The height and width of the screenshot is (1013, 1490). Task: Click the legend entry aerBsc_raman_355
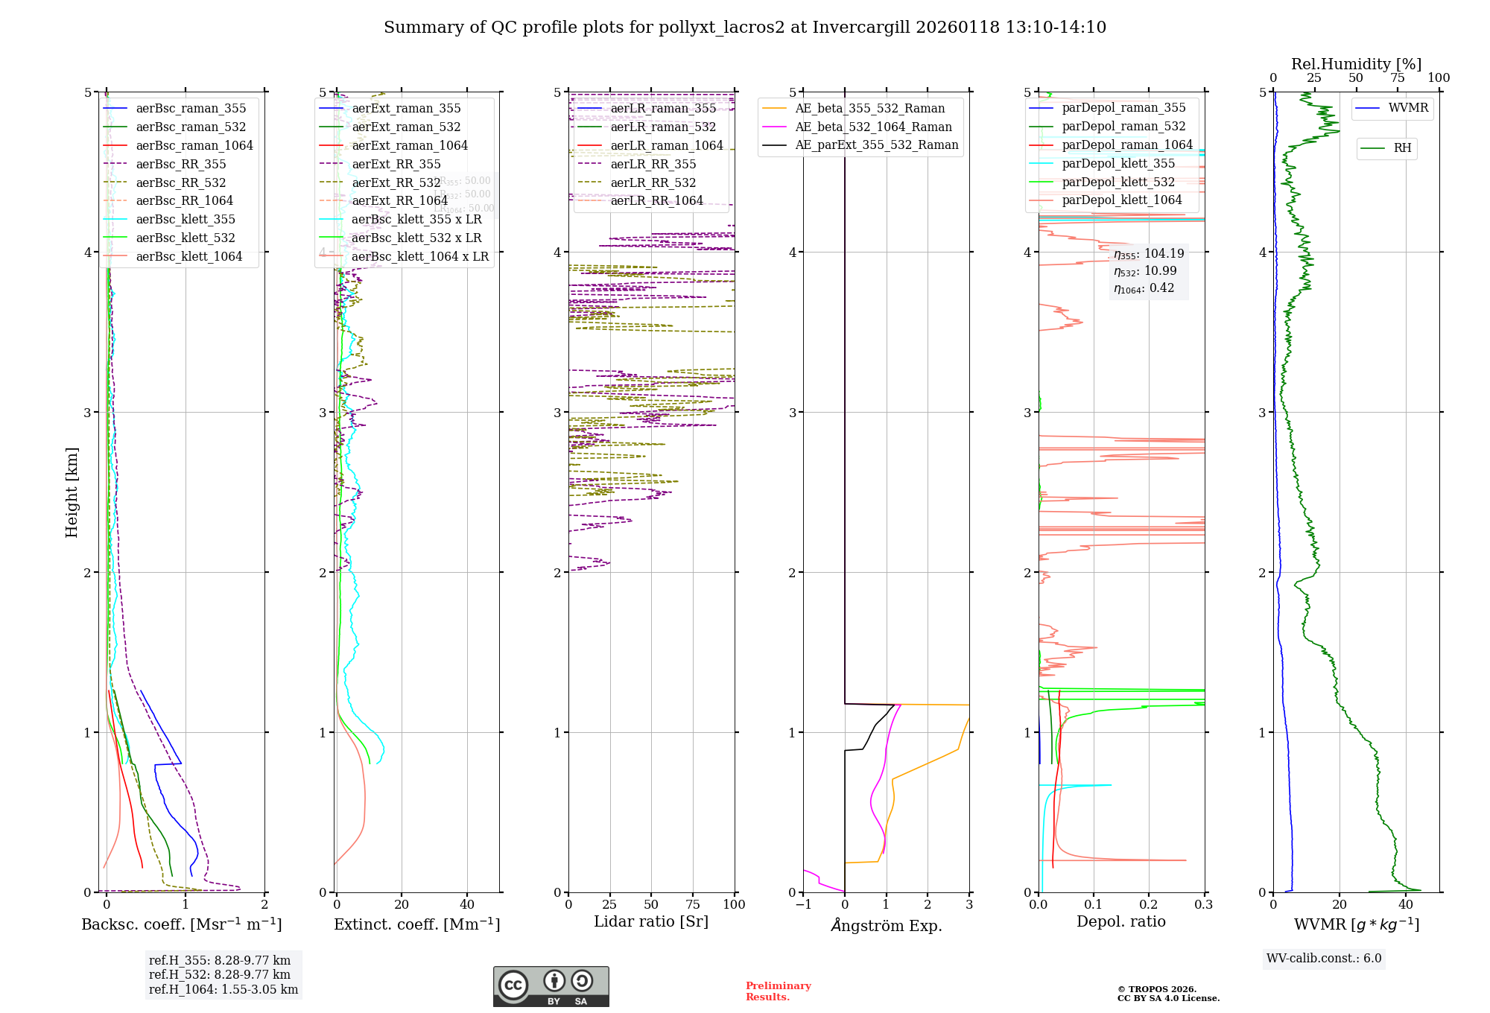(191, 109)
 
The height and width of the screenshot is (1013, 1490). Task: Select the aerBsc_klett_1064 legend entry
(188, 257)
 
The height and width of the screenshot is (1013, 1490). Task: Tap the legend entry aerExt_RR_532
(396, 182)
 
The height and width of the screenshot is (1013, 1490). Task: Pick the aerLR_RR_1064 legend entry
(656, 201)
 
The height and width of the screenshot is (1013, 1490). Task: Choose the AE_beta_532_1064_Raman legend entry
(873, 127)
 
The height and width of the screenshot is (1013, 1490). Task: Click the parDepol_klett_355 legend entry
(1117, 164)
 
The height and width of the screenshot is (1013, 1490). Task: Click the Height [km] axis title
(72, 492)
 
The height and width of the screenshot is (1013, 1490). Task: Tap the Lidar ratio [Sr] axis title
(650, 921)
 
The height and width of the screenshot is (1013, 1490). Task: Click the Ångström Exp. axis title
(886, 926)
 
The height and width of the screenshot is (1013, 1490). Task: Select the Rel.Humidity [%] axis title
(1356, 64)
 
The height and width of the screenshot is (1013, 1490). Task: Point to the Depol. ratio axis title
(1120, 921)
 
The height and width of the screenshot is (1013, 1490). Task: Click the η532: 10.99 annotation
(1145, 271)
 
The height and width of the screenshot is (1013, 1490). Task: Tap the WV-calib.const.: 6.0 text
(1324, 959)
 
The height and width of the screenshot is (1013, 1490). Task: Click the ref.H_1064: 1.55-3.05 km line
(223, 990)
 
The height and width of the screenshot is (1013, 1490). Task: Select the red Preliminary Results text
(778, 991)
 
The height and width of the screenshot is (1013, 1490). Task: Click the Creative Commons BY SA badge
(551, 986)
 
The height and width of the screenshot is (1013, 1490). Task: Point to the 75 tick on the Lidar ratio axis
(693, 904)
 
